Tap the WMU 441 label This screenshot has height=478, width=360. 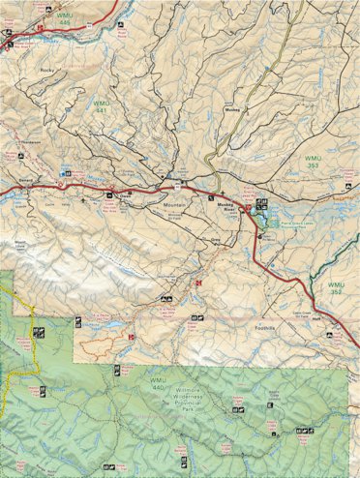101,106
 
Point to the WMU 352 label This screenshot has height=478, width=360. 335,288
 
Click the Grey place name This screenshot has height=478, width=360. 217,239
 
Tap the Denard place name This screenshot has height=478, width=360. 27,180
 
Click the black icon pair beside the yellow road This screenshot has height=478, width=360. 40,333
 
